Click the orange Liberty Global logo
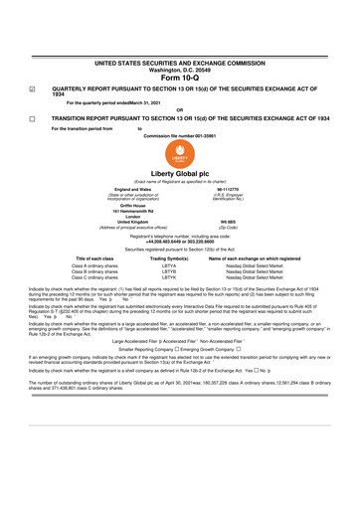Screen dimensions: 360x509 click(x=180, y=158)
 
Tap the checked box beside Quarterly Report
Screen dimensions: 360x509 click(x=33, y=87)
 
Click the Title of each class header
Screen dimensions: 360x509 click(x=93, y=258)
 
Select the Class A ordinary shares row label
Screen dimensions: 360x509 click(x=93, y=266)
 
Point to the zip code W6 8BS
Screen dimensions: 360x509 click(x=256, y=222)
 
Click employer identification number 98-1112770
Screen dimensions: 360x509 click(x=256, y=190)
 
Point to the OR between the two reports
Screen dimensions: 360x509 click(x=180, y=110)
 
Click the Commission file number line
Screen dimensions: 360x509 click(x=180, y=135)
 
